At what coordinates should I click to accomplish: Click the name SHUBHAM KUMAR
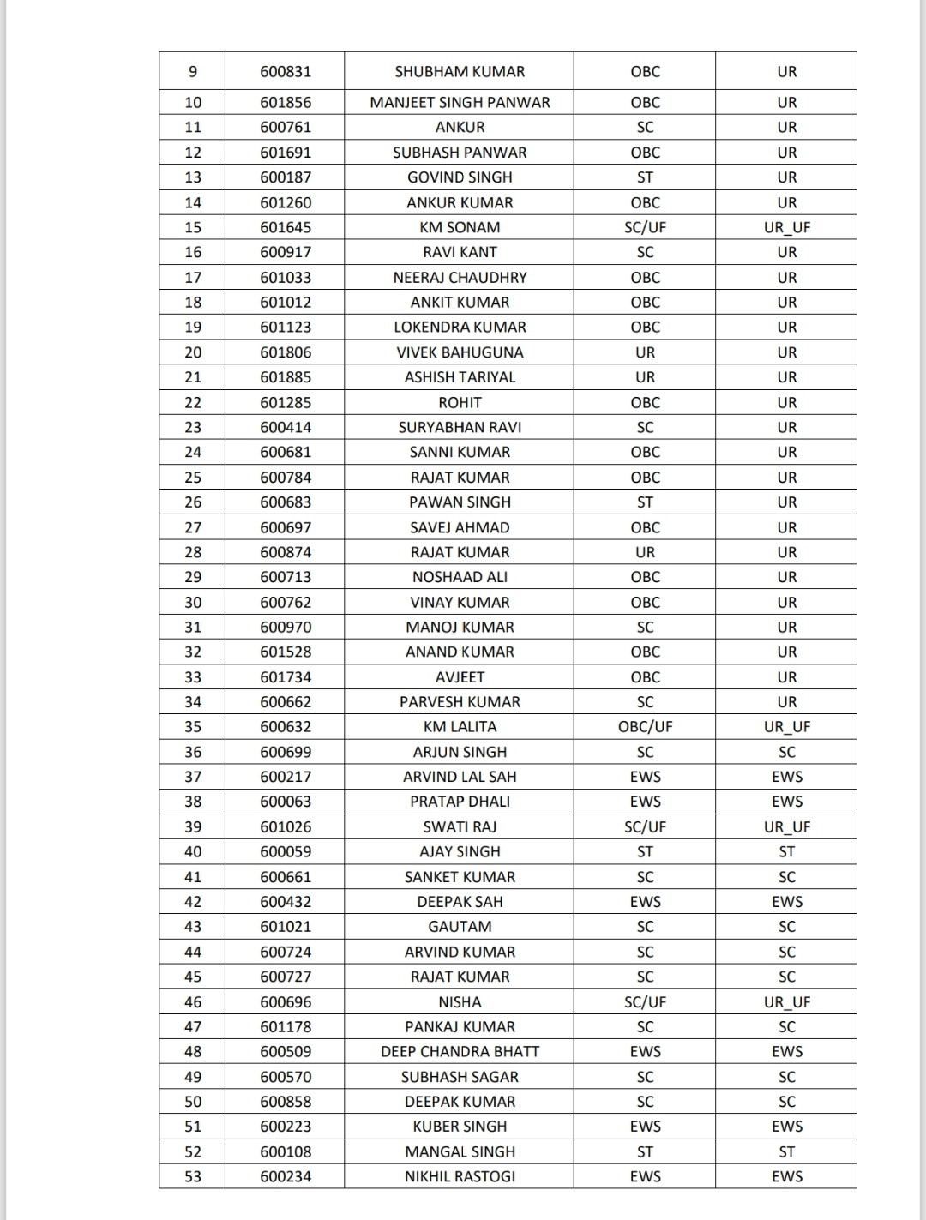460,72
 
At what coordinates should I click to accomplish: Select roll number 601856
286,103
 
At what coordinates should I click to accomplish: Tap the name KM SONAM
460,227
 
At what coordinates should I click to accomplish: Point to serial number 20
193,352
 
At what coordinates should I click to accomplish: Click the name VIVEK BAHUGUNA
460,352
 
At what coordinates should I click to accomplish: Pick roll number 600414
286,427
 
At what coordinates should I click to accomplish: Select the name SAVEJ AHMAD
460,527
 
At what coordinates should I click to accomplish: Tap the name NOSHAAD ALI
460,577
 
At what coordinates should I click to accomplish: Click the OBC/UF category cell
645,727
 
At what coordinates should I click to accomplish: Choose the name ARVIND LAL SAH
460,777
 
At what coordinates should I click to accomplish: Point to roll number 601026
286,827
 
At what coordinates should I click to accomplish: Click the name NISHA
460,1002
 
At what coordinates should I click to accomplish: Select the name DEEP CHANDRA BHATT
460,1052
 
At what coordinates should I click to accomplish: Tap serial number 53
193,1177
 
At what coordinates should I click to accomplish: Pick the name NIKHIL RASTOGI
460,1177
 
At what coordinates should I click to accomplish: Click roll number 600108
286,1152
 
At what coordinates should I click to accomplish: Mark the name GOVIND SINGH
460,177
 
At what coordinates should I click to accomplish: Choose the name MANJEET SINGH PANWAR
460,103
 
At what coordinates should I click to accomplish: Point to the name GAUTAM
460,927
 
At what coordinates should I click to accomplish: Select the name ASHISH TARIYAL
460,377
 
